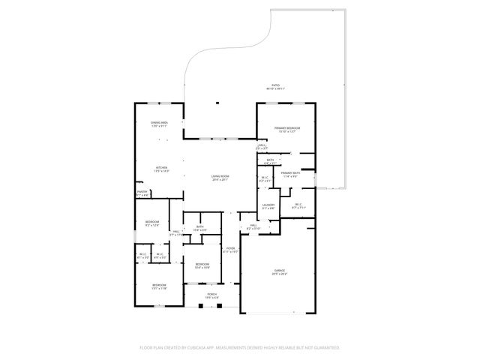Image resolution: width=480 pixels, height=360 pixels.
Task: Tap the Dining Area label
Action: pyautogui.click(x=159, y=122)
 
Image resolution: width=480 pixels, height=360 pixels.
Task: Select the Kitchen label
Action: pyautogui.click(x=161, y=167)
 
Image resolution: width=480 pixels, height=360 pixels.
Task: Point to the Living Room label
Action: pyautogui.click(x=220, y=176)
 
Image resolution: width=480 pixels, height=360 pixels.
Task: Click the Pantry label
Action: pyautogui.click(x=142, y=192)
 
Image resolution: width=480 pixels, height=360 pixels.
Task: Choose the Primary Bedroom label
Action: pyautogui.click(x=287, y=128)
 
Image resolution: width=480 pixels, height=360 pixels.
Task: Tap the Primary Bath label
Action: pyautogui.click(x=290, y=173)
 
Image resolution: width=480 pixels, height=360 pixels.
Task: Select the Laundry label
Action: pyautogui.click(x=268, y=205)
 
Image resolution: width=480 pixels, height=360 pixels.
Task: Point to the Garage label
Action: pyautogui.click(x=279, y=270)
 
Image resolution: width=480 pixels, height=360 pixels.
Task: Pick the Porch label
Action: pyautogui.click(x=212, y=295)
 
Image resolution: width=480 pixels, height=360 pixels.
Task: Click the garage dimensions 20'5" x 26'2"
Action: pyautogui.click(x=279, y=274)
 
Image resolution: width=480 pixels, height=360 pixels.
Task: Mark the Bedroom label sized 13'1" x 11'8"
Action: pyautogui.click(x=159, y=285)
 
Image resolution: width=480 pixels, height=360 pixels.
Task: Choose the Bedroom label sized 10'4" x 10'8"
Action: pyautogui.click(x=202, y=264)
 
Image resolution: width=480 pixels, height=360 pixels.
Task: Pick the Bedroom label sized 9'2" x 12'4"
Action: pyautogui.click(x=152, y=221)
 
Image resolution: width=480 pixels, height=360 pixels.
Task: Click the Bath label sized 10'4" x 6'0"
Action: pyautogui.click(x=200, y=226)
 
